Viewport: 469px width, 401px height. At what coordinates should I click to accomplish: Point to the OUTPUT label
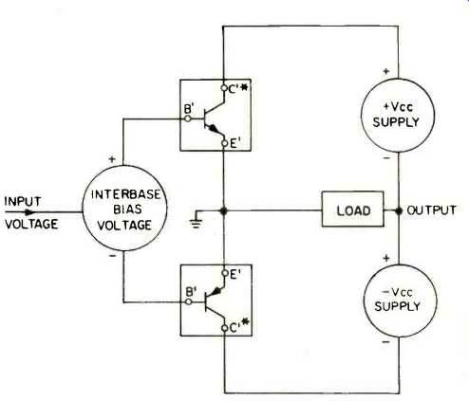[x=431, y=210]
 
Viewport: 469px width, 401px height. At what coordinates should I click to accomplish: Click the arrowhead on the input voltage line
[x=30, y=212]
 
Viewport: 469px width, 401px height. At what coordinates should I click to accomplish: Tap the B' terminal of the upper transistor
[x=188, y=118]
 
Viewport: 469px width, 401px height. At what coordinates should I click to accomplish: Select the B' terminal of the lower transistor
[x=189, y=301]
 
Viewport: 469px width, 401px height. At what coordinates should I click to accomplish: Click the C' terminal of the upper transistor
[x=224, y=88]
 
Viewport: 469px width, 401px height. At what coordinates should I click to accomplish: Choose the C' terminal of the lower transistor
[x=225, y=328]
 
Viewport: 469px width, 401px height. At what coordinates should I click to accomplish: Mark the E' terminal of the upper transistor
[x=225, y=143]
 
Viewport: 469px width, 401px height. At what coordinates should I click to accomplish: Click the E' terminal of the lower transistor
[x=225, y=273]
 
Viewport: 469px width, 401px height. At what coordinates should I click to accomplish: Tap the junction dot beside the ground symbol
[x=224, y=210]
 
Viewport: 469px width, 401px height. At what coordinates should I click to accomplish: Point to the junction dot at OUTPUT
[x=399, y=210]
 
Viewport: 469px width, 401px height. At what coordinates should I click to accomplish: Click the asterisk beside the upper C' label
[x=244, y=87]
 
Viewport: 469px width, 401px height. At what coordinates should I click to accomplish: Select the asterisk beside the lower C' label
[x=246, y=323]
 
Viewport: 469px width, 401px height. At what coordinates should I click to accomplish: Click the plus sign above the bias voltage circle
[x=112, y=159]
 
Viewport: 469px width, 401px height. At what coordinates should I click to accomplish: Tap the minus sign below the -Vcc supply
[x=385, y=342]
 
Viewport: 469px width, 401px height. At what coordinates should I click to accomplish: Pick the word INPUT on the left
[x=23, y=201]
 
